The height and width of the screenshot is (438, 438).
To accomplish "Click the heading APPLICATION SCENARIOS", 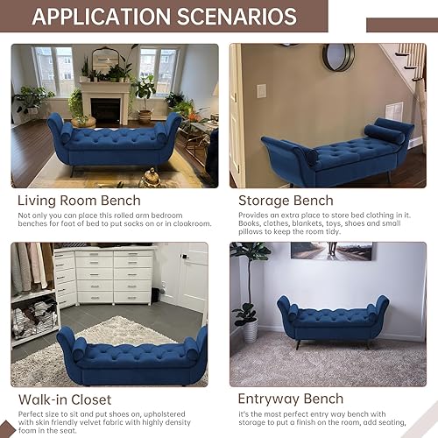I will coord(165,18).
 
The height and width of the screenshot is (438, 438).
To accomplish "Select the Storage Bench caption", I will coord(286,200).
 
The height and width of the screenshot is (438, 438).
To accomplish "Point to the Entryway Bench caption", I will coord(290,399).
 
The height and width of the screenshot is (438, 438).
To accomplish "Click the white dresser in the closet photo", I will coord(103,275).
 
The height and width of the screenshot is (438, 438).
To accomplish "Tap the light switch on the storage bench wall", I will coord(260,90).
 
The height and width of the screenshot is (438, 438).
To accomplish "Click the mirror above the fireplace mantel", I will coord(105,60).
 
